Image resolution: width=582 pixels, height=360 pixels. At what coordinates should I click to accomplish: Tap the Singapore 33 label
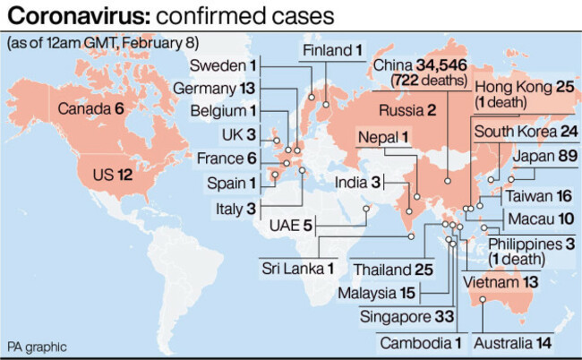point(407,315)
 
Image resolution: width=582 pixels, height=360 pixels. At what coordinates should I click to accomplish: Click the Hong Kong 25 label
point(525,87)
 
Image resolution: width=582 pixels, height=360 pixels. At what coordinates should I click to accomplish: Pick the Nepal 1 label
point(383,137)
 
